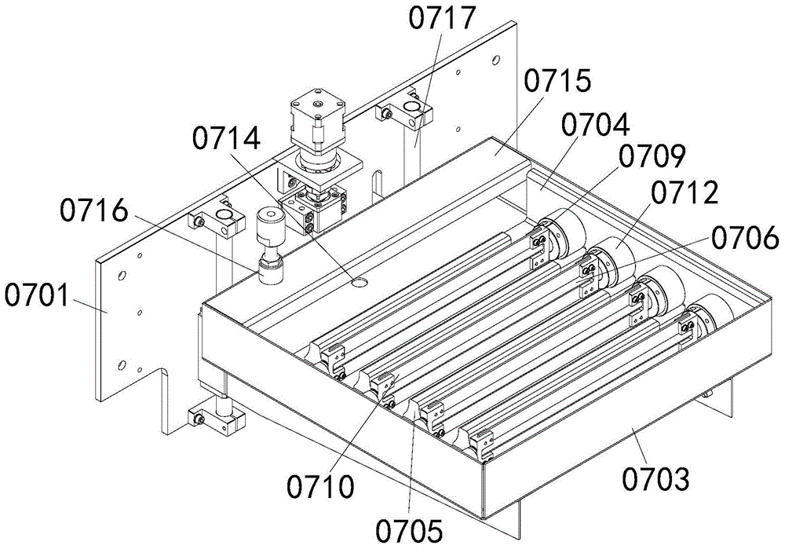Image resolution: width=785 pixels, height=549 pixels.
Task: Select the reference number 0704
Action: click(x=595, y=125)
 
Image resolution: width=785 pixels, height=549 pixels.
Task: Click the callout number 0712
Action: click(x=685, y=193)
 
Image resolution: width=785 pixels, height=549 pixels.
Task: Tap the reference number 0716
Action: click(x=94, y=210)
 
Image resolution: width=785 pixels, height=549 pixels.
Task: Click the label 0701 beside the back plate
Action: click(x=37, y=295)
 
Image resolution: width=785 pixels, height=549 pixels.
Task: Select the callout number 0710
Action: click(x=320, y=485)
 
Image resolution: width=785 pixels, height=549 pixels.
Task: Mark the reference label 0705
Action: click(x=410, y=530)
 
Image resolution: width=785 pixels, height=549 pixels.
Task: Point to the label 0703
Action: click(x=655, y=478)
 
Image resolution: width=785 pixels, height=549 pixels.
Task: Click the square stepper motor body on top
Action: click(x=318, y=120)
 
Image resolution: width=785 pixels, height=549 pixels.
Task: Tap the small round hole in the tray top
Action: click(x=359, y=283)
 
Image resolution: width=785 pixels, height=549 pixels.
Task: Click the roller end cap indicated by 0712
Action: click(x=612, y=262)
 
